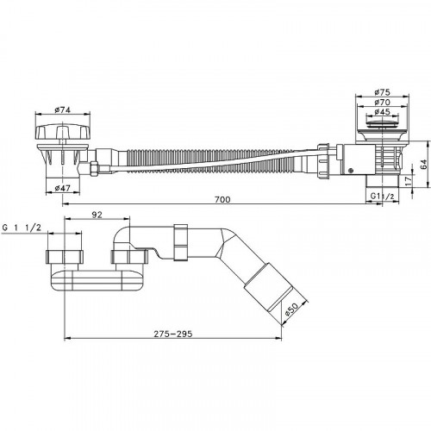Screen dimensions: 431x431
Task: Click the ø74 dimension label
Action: pos(62,109)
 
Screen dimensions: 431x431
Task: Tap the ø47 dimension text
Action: pos(62,188)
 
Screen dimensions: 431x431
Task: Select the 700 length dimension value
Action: pos(222,199)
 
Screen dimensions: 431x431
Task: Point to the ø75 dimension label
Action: pos(382,92)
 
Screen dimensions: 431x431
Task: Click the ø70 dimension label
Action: pos(382,102)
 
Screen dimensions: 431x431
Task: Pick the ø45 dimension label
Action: pos(382,111)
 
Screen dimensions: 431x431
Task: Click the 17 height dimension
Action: pos(409,181)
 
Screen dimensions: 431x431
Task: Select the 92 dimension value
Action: pos(97,215)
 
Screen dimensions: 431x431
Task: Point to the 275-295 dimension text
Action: pos(173,334)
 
